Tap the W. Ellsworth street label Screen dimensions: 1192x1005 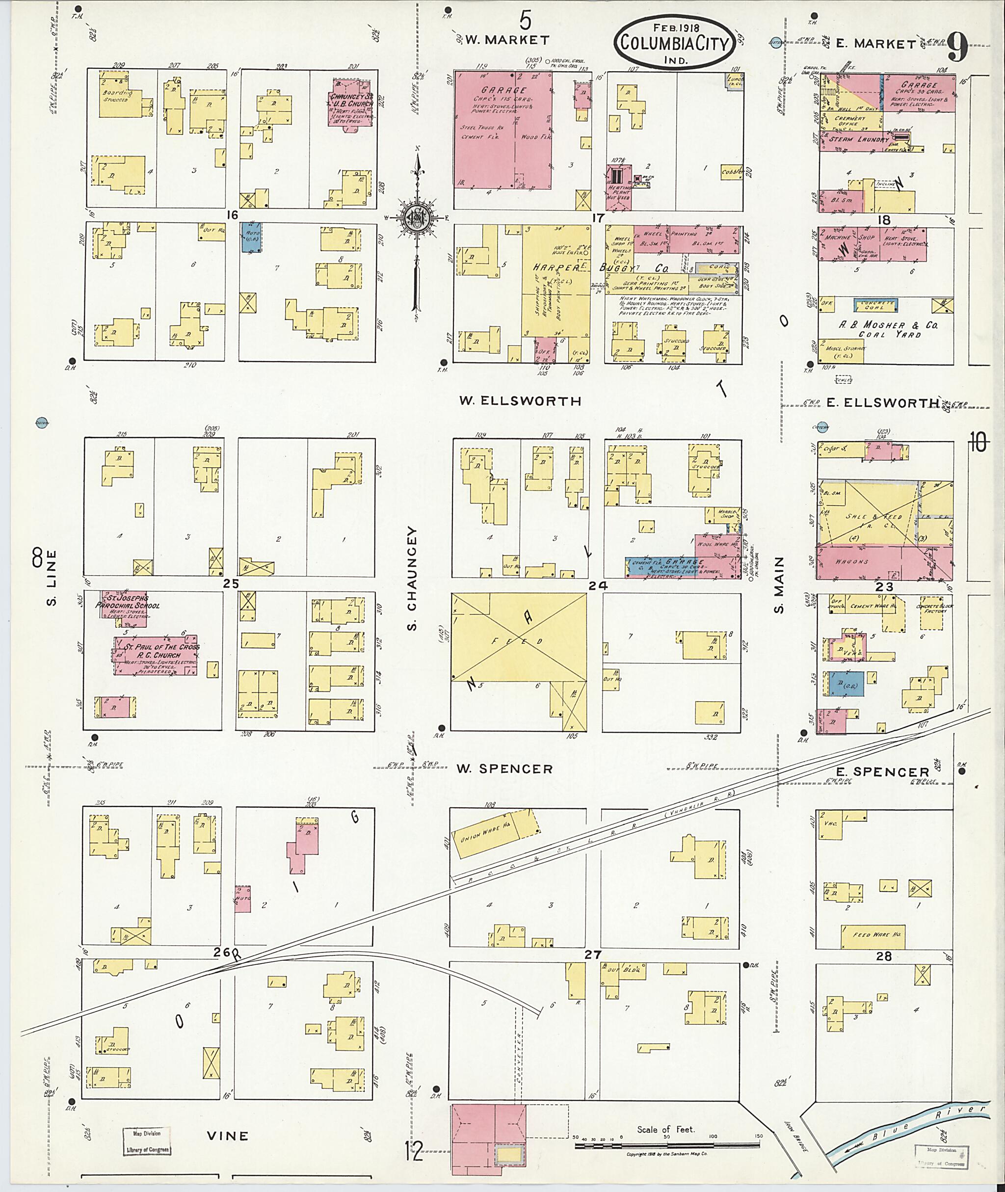(520, 401)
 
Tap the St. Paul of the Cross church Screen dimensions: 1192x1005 (156, 655)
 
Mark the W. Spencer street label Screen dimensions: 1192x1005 (504, 769)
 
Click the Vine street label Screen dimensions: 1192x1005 (227, 1136)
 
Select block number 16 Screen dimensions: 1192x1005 (231, 214)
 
